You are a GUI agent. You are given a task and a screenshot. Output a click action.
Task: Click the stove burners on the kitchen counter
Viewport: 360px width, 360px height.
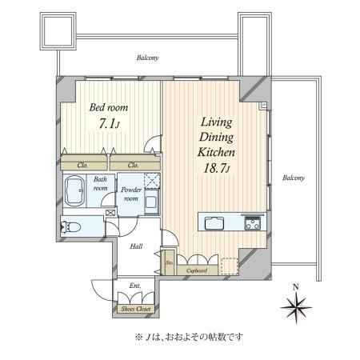(253, 222)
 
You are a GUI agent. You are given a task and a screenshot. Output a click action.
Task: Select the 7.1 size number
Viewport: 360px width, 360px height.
(107, 126)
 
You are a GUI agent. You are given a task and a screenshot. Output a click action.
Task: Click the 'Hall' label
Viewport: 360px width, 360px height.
(137, 246)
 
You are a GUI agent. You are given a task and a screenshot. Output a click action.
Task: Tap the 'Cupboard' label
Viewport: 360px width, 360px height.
(197, 271)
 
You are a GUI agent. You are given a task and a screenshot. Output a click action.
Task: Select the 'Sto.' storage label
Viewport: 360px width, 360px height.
(170, 262)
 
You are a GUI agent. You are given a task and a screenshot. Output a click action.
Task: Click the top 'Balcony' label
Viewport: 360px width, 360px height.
(147, 58)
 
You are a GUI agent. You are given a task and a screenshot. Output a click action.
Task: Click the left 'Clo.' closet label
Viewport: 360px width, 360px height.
(83, 165)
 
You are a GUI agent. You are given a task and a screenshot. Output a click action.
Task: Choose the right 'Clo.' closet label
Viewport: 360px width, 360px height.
(134, 165)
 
